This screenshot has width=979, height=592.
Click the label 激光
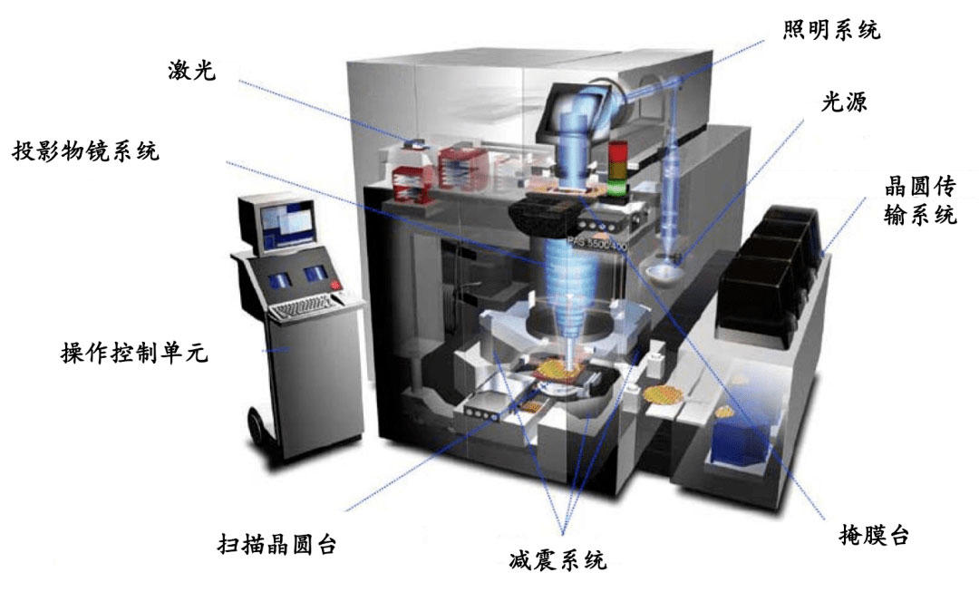(x=191, y=70)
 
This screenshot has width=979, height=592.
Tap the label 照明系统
(x=831, y=29)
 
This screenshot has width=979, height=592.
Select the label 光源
(x=844, y=102)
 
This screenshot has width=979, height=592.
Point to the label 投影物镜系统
(x=85, y=151)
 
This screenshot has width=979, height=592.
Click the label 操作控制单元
(x=134, y=353)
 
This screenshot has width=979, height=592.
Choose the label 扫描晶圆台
(x=277, y=543)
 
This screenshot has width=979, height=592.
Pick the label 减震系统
(x=557, y=558)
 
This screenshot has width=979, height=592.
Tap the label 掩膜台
(x=874, y=535)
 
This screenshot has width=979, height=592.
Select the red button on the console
(x=336, y=285)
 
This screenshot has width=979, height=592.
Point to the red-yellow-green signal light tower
(x=617, y=169)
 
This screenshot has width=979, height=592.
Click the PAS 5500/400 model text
(x=596, y=244)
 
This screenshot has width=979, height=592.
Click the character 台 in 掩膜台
(x=898, y=535)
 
